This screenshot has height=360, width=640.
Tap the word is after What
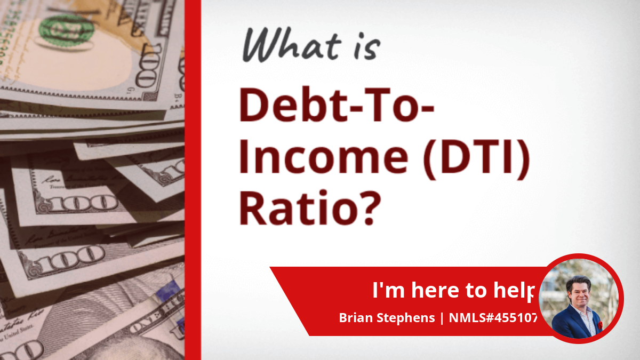(367, 47)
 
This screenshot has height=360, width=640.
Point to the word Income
(323, 157)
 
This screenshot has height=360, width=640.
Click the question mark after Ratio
(370, 207)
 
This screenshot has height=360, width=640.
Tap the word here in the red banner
(434, 290)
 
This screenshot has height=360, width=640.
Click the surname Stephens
(406, 318)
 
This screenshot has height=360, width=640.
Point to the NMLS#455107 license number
(493, 318)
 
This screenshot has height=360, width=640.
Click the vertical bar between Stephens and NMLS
(442, 318)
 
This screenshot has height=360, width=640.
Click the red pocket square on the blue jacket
(600, 325)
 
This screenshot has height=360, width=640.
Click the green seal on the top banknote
(66, 30)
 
